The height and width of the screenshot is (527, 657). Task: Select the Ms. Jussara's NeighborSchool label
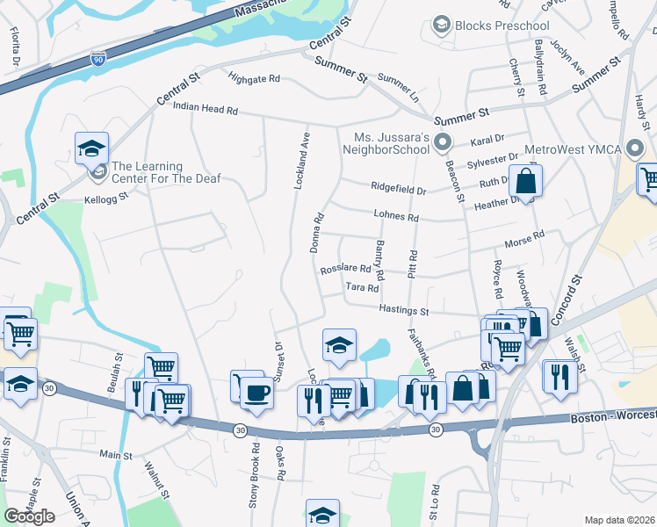pyautogui.click(x=391, y=146)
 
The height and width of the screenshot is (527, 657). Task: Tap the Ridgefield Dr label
pyautogui.click(x=398, y=189)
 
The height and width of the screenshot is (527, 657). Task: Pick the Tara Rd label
pyautogui.click(x=362, y=287)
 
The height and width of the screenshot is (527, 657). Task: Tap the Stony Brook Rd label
pyautogui.click(x=256, y=472)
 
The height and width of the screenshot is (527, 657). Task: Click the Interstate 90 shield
pyautogui.click(x=98, y=60)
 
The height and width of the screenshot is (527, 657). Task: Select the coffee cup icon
pyautogui.click(x=256, y=392)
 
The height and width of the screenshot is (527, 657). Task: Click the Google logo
pyautogui.click(x=30, y=516)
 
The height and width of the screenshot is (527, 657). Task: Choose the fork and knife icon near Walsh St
pyautogui.click(x=560, y=378)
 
